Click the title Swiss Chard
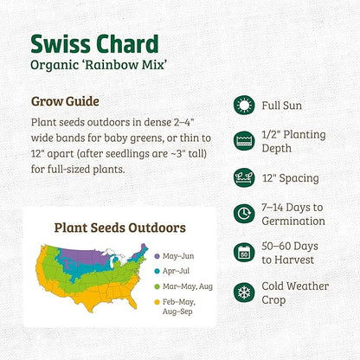[94, 43]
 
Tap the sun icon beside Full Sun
[245, 105]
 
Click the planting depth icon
[245, 142]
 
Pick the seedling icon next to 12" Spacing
[245, 178]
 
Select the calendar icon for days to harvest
[245, 253]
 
